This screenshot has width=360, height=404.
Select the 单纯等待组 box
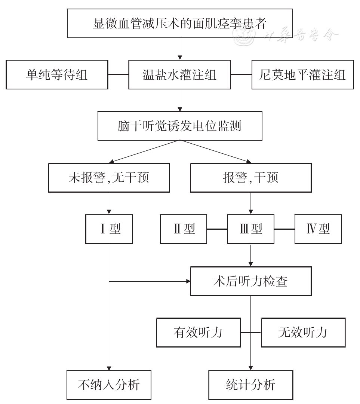pyautogui.click(x=57, y=75)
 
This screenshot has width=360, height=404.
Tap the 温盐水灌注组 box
pyautogui.click(x=180, y=75)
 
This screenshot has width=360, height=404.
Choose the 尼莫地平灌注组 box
pyautogui.click(x=302, y=75)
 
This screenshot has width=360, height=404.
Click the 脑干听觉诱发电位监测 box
pyautogui.click(x=180, y=126)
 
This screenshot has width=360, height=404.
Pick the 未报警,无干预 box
pyautogui.click(x=109, y=177)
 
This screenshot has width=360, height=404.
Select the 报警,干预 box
pyautogui.click(x=250, y=177)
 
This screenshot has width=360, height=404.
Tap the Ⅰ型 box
pyautogui.click(x=109, y=229)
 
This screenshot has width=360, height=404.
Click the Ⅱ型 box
pyautogui.click(x=184, y=229)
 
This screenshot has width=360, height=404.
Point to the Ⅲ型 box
pyautogui.click(x=250, y=229)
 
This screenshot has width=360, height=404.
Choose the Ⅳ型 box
pyautogui.click(x=318, y=229)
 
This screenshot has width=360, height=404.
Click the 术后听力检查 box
pyautogui.click(x=250, y=281)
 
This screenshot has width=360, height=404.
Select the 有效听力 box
pyautogui.click(x=198, y=332)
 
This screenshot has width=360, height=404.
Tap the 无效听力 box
pyautogui.click(x=303, y=332)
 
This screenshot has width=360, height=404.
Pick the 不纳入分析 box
pyautogui.click(x=109, y=385)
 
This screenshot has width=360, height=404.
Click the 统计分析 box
pyautogui.click(x=250, y=385)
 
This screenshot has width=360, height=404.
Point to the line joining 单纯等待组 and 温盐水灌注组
pyautogui.click(x=118, y=75)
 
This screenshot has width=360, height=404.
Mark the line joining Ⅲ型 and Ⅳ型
pyautogui.click(x=284, y=229)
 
